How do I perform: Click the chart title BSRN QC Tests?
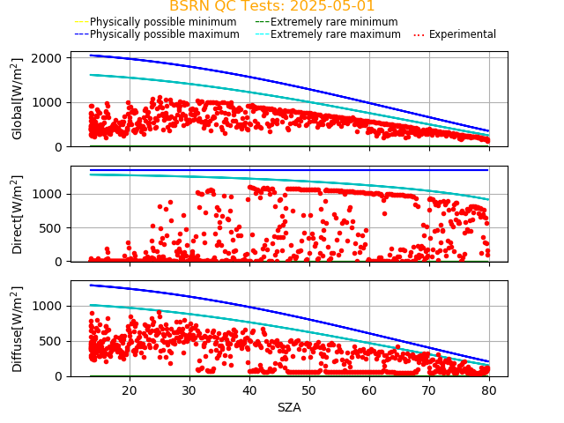click(x=225, y=6)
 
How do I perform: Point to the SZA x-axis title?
click(x=289, y=407)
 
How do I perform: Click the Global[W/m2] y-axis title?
click(x=18, y=99)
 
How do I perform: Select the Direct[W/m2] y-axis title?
click(x=18, y=213)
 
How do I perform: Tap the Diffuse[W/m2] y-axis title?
click(x=18, y=328)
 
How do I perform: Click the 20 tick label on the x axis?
click(x=130, y=390)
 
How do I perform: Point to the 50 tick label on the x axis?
click(x=309, y=390)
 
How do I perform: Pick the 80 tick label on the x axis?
click(x=489, y=390)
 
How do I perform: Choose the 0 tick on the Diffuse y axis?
click(x=56, y=376)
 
